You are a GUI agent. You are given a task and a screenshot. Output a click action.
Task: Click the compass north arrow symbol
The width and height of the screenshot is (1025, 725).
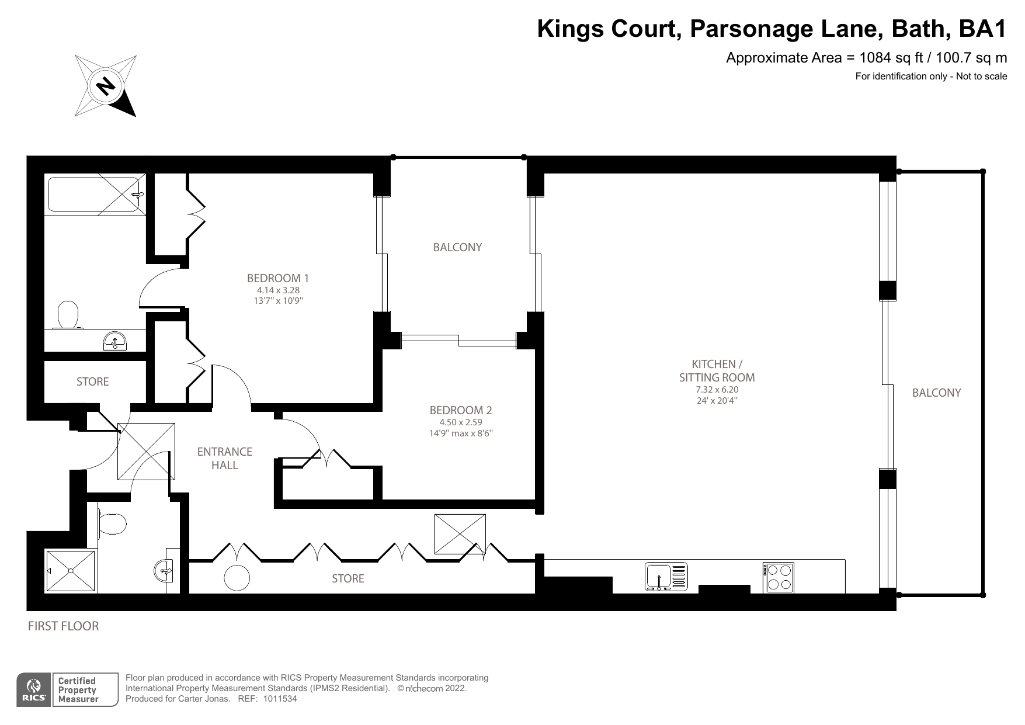pyautogui.click(x=106, y=86)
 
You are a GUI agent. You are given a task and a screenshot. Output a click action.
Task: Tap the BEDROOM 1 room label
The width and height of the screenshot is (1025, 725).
pyautogui.click(x=277, y=278)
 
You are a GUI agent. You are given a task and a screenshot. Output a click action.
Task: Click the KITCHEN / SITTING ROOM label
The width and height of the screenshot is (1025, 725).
pyautogui.click(x=717, y=370)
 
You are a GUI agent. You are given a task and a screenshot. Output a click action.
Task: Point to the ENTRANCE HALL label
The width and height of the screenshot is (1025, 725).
pyautogui.click(x=224, y=458)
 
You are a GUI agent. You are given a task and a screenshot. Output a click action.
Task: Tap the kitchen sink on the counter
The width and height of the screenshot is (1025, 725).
pyautogui.click(x=666, y=576)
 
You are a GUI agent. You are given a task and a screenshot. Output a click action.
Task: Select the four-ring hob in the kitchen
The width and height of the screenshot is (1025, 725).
pyautogui.click(x=778, y=577)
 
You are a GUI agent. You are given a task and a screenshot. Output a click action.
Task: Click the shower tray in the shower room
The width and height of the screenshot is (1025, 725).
pyautogui.click(x=71, y=571)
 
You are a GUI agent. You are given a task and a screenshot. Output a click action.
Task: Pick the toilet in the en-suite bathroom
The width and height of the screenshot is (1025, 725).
pyautogui.click(x=68, y=315)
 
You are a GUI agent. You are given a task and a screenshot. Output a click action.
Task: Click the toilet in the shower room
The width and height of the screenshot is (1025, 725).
pyautogui.click(x=113, y=523)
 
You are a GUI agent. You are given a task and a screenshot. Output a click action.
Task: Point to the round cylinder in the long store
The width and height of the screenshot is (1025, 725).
pyautogui.click(x=237, y=578)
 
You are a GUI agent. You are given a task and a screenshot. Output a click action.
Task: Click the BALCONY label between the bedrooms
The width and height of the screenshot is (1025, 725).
pyautogui.click(x=457, y=247)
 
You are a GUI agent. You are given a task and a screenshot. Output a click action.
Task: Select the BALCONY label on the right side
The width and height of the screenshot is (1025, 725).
pyautogui.click(x=936, y=393)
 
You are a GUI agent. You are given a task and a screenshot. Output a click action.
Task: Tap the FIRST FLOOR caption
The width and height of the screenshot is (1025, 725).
pyautogui.click(x=64, y=626)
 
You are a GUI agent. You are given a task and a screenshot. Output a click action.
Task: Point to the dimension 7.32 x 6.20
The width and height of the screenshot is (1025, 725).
pyautogui.click(x=717, y=390)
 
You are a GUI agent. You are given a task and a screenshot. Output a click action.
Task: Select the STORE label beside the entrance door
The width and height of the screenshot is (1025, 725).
pyautogui.click(x=93, y=381)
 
